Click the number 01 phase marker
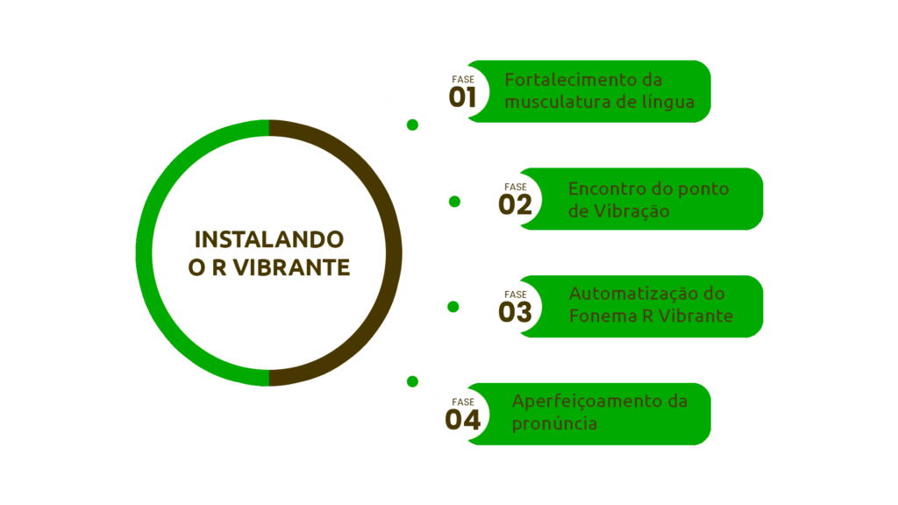[463, 97]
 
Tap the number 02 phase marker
[515, 204]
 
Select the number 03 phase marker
[515, 312]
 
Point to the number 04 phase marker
[463, 420]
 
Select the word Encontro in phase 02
[609, 188]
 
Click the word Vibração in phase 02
[631, 210]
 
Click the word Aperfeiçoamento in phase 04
[588, 402]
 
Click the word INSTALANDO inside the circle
[269, 239]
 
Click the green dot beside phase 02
[454, 202]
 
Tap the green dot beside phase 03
[453, 307]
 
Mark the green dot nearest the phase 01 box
[412, 124]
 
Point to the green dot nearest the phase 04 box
[412, 381]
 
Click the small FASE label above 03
[515, 295]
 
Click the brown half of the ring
[394, 252]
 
